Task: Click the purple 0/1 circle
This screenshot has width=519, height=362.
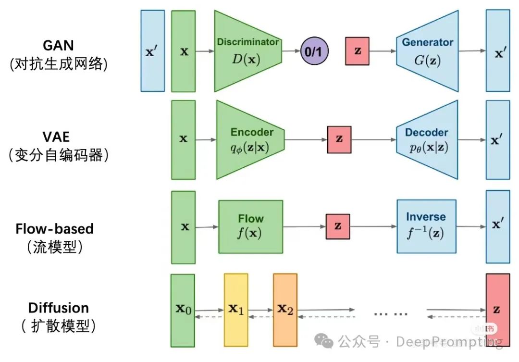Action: [x=314, y=50]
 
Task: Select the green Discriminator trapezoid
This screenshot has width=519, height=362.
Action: [x=247, y=50]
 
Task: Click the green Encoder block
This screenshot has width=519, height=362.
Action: [x=250, y=139]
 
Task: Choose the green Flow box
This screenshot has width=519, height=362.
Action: [x=250, y=226]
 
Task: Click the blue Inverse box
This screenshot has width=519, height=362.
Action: [x=426, y=226]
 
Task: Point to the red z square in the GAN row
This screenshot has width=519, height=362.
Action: [x=357, y=50]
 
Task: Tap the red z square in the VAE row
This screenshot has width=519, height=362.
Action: [x=339, y=139]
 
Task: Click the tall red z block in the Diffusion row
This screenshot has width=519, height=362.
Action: [x=497, y=310]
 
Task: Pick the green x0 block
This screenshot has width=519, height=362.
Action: [x=183, y=310]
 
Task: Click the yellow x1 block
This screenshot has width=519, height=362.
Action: [x=236, y=310]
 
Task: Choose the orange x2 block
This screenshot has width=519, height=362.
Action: [x=285, y=310]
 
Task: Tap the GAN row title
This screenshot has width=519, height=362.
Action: [x=59, y=46]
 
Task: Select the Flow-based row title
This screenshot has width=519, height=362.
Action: [x=54, y=228]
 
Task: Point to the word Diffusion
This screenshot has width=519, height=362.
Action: [x=59, y=308]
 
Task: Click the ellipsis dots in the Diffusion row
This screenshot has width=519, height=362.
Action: [x=391, y=313]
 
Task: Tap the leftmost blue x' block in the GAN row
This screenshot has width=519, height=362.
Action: [x=152, y=50]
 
